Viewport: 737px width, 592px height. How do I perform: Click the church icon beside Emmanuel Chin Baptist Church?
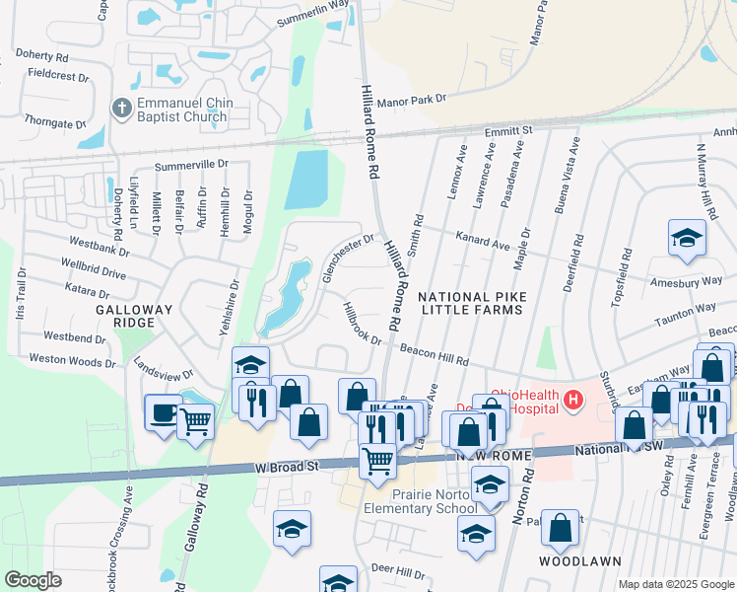point(121,108)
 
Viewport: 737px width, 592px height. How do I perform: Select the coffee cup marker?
point(163,410)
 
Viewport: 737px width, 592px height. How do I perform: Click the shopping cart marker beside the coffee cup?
point(196,421)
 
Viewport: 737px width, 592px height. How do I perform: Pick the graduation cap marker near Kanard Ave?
point(687,237)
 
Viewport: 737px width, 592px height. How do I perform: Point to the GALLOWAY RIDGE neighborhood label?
point(139,316)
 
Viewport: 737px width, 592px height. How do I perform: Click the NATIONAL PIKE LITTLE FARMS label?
point(472,303)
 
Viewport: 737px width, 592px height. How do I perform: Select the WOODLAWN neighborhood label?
point(579,561)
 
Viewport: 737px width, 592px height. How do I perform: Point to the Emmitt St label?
point(508,130)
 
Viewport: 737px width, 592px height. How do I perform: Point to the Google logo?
point(33,580)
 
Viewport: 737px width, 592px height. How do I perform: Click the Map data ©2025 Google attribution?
point(675,584)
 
